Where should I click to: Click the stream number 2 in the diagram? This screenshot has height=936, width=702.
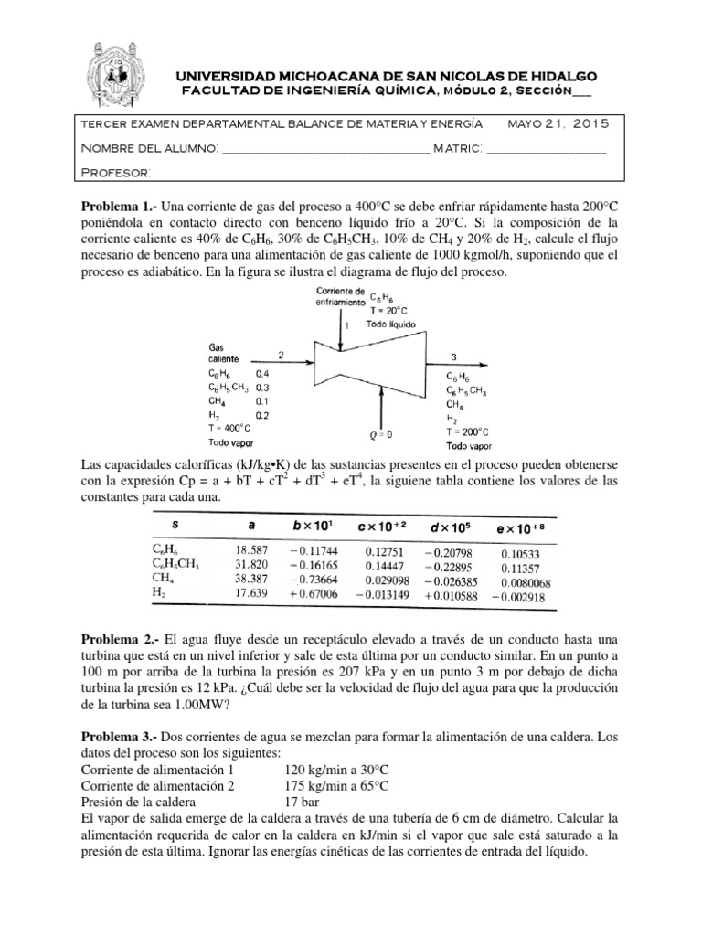[282, 355]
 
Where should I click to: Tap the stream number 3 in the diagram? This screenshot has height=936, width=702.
[454, 356]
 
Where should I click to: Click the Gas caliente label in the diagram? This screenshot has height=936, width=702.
[224, 354]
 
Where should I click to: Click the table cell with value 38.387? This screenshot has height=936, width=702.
[250, 579]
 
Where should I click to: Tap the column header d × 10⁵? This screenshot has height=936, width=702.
[450, 525]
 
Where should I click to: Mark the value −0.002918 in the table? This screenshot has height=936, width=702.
[517, 593]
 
